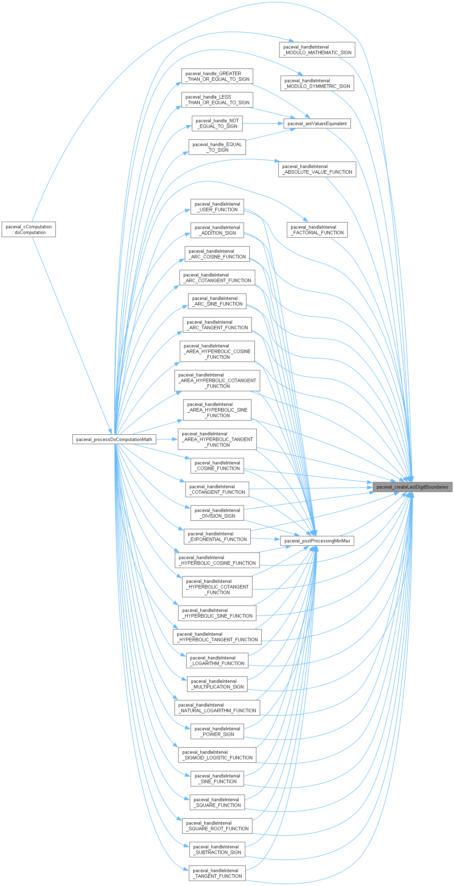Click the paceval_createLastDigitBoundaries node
412,487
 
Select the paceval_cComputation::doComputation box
29,229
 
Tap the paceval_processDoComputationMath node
114,439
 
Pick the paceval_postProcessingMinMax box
317,541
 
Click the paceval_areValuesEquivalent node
317,123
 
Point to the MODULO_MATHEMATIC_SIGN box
317,50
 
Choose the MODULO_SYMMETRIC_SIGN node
317,83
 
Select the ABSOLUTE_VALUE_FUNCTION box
317,169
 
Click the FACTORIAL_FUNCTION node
317,230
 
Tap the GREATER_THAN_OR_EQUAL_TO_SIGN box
217,76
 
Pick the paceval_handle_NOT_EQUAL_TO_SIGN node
217,123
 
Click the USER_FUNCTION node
217,207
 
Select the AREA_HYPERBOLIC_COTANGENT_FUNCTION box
217,380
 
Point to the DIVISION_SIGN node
217,513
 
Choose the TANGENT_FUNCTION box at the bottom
217,873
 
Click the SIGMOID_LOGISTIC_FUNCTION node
217,755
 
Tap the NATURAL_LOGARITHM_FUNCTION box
217,708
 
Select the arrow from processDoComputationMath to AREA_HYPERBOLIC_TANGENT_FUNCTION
167,439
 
